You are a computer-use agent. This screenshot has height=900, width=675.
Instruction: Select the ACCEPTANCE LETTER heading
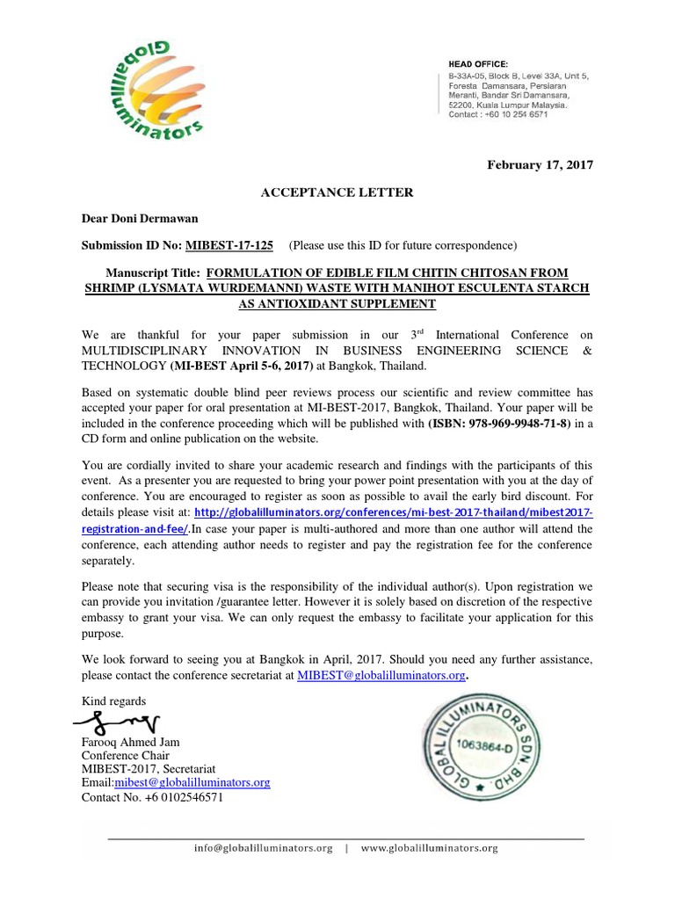[337, 192]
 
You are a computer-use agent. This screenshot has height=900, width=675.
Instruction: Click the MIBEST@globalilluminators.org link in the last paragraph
[381, 675]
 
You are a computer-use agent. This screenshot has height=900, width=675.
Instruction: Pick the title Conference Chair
[126, 756]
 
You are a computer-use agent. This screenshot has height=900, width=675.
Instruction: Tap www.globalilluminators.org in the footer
[429, 848]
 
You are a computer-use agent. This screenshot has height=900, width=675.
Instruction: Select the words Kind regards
[113, 700]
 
